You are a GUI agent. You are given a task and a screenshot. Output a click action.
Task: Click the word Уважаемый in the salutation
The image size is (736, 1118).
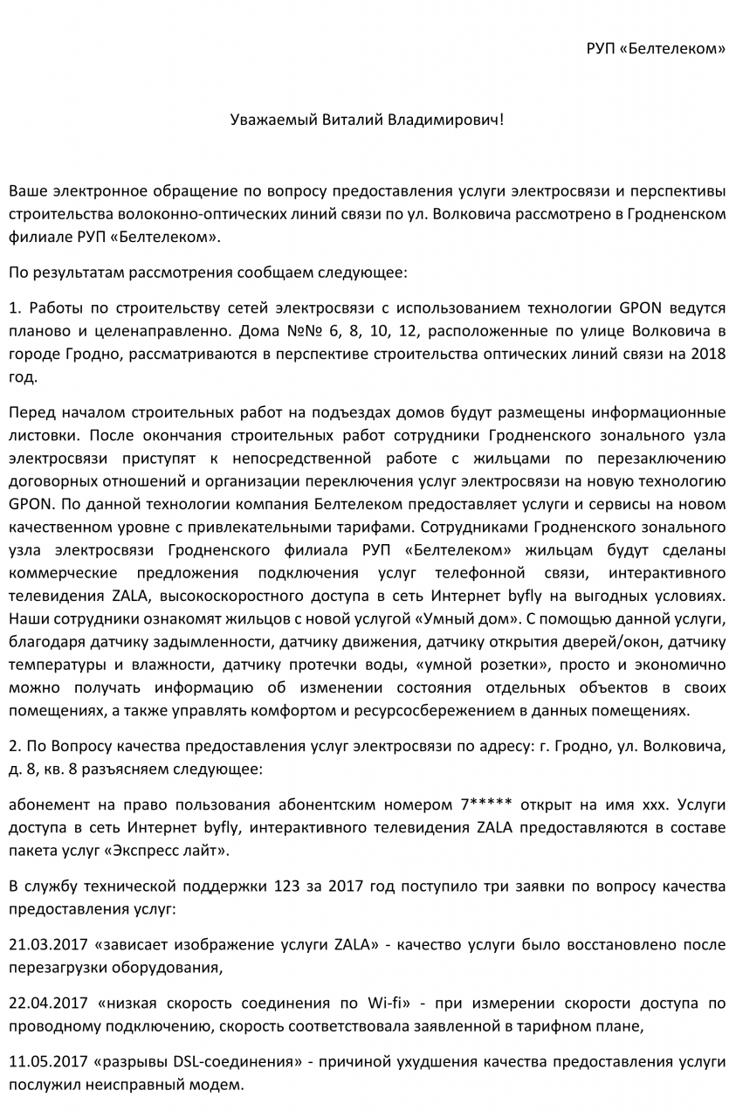click(x=268, y=119)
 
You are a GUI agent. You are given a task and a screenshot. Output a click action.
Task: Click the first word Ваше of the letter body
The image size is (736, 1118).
click(x=26, y=191)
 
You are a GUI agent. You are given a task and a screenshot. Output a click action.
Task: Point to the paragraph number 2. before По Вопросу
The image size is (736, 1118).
click(x=14, y=748)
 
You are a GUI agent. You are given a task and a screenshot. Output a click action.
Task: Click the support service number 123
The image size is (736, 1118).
click(x=286, y=887)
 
